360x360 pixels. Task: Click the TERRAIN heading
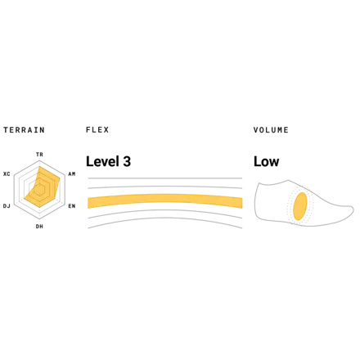[24, 130]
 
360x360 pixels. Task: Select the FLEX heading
[97, 130]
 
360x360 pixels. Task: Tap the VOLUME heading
[271, 130]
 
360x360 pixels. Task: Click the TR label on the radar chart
[39, 155]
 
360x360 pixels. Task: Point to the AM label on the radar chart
[72, 173]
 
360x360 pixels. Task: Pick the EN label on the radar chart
[72, 206]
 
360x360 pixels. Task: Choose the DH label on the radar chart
[39, 227]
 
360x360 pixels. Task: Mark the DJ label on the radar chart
[7, 206]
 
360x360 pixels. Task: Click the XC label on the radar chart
[7, 173]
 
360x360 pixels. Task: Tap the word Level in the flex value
[103, 161]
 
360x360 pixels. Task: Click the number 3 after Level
[127, 161]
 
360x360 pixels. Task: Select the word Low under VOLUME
[267, 161]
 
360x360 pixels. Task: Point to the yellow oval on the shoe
[300, 206]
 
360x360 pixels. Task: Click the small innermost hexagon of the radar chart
[39, 190]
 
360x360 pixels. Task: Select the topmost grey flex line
[165, 178]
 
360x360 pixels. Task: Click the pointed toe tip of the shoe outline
[353, 210]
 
